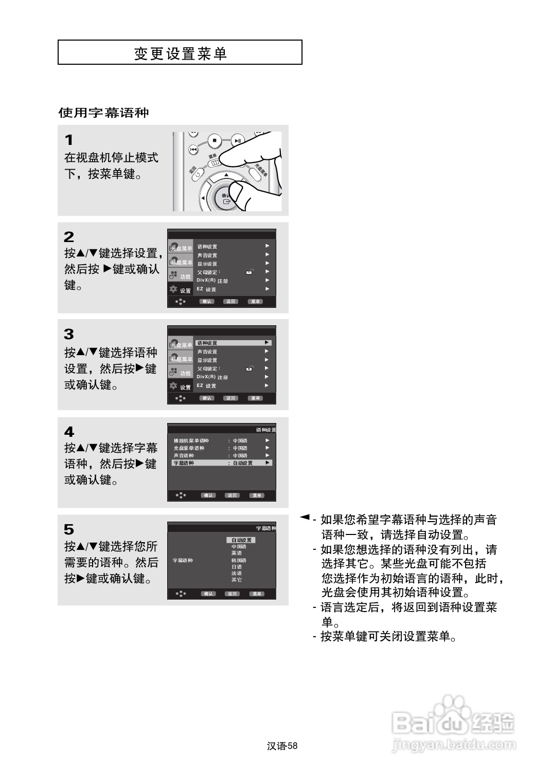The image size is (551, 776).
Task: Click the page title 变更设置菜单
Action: tap(180, 53)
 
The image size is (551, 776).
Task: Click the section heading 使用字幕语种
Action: tap(103, 113)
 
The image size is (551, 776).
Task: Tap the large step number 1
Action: tap(68, 140)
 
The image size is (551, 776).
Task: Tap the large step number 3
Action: tap(68, 334)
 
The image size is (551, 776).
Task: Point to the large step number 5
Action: tap(68, 529)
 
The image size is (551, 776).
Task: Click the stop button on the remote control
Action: tap(215, 140)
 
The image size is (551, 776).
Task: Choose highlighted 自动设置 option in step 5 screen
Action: tap(241, 540)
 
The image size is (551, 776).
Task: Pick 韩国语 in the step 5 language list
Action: tap(239, 560)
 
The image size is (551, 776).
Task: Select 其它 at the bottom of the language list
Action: tap(236, 580)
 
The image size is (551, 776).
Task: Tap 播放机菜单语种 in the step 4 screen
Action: tap(191, 440)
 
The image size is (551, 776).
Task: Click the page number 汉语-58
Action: tap(282, 746)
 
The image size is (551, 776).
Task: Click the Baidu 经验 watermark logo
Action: tap(453, 722)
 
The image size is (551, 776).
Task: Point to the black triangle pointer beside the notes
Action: tap(305, 516)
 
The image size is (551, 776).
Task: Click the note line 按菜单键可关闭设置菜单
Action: tap(388, 637)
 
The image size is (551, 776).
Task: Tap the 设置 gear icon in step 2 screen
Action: tap(174, 289)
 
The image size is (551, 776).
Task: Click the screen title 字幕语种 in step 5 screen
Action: tap(266, 528)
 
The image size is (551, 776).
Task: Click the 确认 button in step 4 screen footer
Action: tap(208, 495)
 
